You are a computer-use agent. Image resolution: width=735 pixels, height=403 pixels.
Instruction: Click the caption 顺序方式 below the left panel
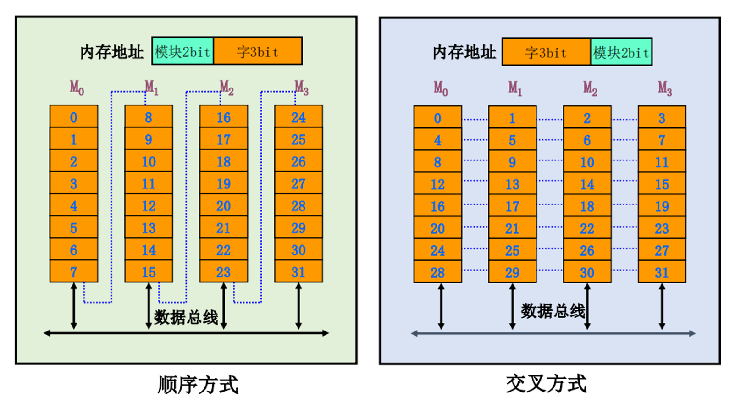point(198,385)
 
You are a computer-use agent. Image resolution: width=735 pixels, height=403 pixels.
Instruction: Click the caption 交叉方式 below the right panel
point(546,384)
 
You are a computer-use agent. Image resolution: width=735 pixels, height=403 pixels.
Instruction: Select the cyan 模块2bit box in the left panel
point(182,51)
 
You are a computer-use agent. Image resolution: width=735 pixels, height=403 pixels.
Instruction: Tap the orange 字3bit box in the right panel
point(546,52)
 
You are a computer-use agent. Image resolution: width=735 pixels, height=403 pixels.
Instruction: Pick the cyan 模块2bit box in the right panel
point(621,52)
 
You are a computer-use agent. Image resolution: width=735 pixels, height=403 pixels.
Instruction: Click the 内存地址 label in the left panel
point(111,52)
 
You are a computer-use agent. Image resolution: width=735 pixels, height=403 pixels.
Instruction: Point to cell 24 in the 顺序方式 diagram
point(298,117)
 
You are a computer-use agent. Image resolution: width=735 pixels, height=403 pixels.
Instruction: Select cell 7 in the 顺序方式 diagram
point(73,272)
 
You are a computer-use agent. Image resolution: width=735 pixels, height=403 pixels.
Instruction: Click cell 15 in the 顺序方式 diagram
point(149,272)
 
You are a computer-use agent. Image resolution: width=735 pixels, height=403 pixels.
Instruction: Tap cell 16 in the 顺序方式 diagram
point(223,117)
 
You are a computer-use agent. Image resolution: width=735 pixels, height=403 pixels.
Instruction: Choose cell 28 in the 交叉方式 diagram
point(437,272)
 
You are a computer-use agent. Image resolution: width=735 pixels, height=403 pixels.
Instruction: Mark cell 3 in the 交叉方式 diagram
point(662,118)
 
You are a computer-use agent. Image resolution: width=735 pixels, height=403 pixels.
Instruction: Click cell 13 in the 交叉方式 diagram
point(512,184)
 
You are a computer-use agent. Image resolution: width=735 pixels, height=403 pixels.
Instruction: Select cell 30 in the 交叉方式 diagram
point(587,272)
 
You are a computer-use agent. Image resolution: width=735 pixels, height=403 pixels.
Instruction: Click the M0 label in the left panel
point(77,87)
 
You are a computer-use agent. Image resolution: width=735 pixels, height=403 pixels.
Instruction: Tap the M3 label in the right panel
point(665,88)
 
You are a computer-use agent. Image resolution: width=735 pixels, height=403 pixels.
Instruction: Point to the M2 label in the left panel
point(227,87)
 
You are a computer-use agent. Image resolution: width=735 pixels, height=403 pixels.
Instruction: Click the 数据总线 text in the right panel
point(552,311)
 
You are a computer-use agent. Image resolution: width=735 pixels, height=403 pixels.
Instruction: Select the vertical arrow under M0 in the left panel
point(74,306)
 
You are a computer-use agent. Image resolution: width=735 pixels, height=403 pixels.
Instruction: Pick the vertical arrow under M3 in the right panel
point(662,306)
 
